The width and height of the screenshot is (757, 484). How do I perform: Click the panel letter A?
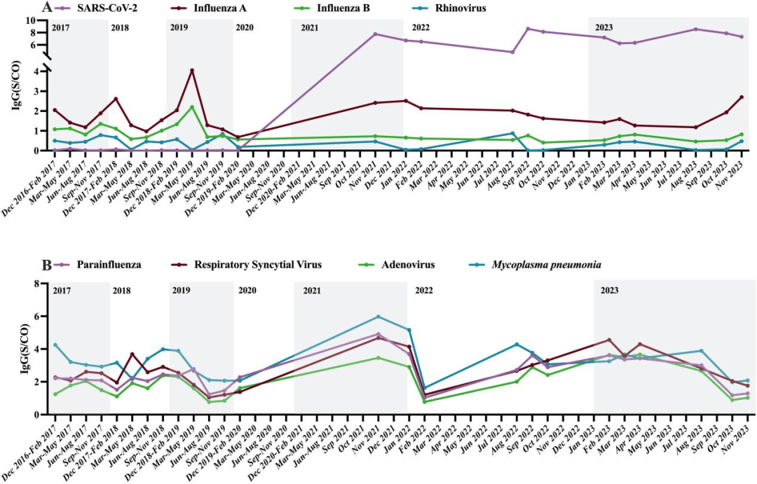47,8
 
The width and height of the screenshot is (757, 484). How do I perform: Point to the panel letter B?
47,266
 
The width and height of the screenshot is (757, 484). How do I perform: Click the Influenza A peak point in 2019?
192,71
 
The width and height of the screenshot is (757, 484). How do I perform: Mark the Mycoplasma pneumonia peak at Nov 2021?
378,317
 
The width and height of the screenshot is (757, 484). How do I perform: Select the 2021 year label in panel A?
310,27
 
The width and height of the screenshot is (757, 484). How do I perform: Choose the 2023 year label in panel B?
609,290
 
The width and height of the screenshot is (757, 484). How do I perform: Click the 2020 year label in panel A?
245,27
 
